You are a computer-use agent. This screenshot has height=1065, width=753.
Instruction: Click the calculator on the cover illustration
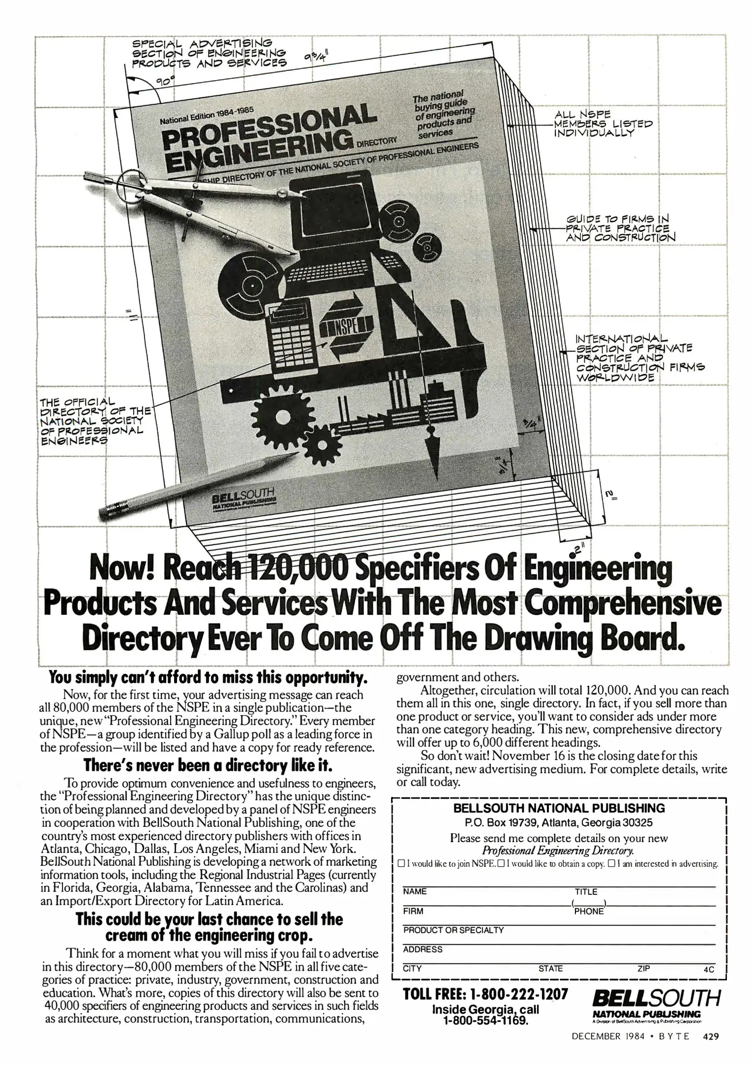coord(289,335)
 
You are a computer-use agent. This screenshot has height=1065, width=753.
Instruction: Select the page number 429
coord(711,1036)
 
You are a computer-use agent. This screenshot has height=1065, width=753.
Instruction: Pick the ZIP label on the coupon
coord(643,968)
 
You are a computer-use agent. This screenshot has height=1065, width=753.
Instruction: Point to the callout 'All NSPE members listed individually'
coord(603,124)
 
